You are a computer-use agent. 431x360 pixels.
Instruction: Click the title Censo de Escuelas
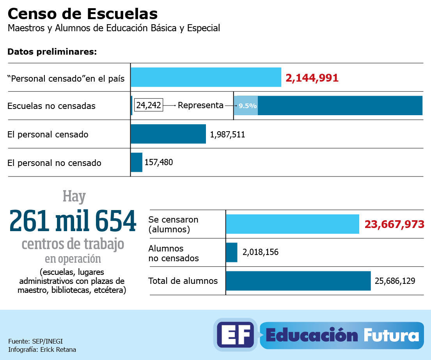(83, 14)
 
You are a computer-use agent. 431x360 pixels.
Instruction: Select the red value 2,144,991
(312, 78)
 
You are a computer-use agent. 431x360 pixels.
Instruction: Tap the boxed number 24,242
(148, 105)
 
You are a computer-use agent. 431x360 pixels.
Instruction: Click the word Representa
(200, 105)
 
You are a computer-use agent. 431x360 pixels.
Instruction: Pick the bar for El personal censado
(168, 134)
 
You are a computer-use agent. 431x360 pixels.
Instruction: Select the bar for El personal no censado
(137, 162)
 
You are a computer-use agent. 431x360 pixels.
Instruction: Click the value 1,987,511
(227, 135)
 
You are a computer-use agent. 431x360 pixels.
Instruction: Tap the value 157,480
(159, 162)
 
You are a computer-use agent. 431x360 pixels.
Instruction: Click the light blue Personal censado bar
(206, 77)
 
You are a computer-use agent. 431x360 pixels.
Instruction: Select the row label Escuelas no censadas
(51, 106)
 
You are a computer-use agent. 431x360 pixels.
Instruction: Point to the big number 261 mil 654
(73, 221)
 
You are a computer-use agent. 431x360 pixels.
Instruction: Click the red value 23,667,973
(394, 225)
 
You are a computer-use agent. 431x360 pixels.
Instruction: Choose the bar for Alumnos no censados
(232, 252)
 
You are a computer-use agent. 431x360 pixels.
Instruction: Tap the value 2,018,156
(261, 252)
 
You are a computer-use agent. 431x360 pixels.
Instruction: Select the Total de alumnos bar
(298, 281)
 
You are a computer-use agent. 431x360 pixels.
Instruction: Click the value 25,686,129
(395, 281)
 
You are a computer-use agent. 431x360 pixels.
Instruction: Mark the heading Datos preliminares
(52, 52)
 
